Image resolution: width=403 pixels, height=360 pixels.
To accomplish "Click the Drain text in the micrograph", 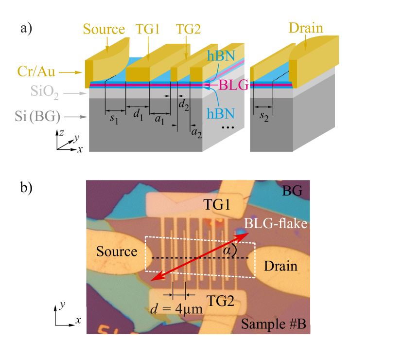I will pyautogui.click(x=280, y=266).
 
